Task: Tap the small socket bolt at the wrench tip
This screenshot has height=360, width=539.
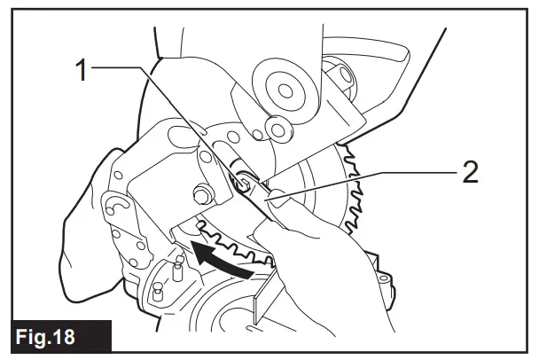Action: (239, 183)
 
